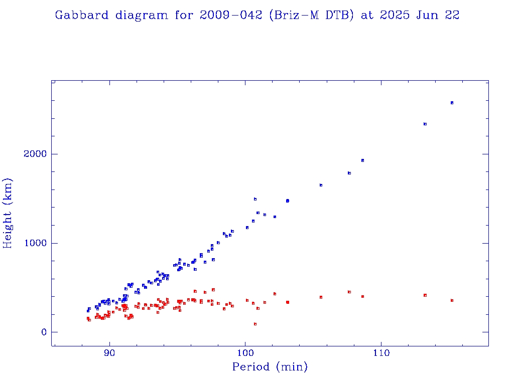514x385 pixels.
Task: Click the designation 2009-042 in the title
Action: [x=231, y=15]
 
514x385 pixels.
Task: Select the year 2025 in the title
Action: [x=395, y=15]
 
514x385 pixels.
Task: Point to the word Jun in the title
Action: [x=426, y=15]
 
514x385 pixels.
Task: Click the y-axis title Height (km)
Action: [x=9, y=213]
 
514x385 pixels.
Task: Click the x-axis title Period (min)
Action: [x=270, y=367]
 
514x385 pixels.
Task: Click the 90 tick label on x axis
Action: [x=109, y=353]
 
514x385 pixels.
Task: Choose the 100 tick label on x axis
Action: [x=245, y=353]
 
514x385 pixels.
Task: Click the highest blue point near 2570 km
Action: [x=452, y=103]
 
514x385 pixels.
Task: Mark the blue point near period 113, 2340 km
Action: [x=425, y=124]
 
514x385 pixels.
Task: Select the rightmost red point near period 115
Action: [x=452, y=300]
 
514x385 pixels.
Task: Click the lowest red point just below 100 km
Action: [x=255, y=324]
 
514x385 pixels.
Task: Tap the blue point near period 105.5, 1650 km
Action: [x=321, y=185]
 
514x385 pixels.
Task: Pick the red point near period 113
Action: [x=425, y=295]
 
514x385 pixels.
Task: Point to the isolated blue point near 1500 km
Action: [x=255, y=199]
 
